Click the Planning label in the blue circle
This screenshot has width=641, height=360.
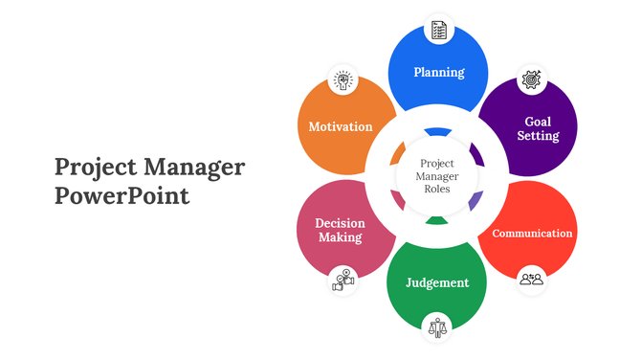pyautogui.click(x=438, y=72)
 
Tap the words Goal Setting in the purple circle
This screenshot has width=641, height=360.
pyautogui.click(x=538, y=129)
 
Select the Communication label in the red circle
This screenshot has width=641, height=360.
pyautogui.click(x=532, y=233)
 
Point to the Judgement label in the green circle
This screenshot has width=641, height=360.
pyautogui.click(x=437, y=282)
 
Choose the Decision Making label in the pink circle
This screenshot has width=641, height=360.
pyautogui.click(x=340, y=230)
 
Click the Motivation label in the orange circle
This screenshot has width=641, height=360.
pyautogui.click(x=341, y=126)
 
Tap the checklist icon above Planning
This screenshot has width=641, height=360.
pyautogui.click(x=438, y=30)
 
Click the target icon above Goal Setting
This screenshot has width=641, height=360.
pyautogui.click(x=532, y=79)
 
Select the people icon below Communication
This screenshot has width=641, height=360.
pyautogui.click(x=531, y=279)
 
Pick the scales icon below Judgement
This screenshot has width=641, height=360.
pyautogui.click(x=438, y=326)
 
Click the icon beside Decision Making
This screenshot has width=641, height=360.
pyautogui.click(x=343, y=280)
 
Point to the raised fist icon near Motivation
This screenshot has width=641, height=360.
pyautogui.click(x=342, y=79)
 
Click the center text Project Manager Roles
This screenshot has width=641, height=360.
pyautogui.click(x=437, y=176)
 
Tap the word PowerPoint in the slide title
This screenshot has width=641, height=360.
pyautogui.click(x=122, y=197)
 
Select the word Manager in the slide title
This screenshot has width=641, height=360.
pyautogui.click(x=194, y=168)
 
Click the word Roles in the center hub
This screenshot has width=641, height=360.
pyautogui.click(x=437, y=189)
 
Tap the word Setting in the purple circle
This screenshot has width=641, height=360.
pyautogui.click(x=538, y=136)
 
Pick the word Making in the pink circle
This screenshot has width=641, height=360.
pyautogui.click(x=340, y=237)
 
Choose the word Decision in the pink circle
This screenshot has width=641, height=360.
pyautogui.click(x=340, y=223)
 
